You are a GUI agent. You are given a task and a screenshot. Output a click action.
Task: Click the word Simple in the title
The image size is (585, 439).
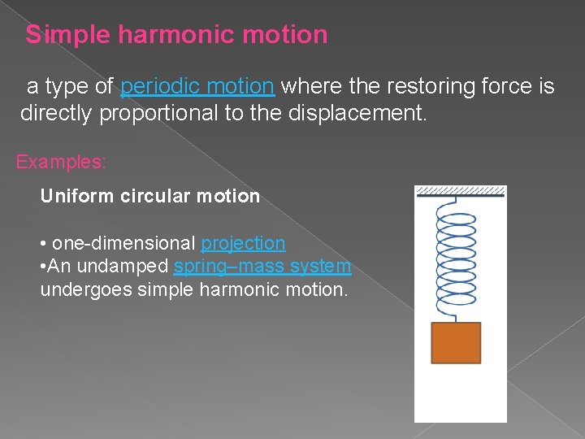click(69, 35)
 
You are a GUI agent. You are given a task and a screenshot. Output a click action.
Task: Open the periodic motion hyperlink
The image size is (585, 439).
click(197, 86)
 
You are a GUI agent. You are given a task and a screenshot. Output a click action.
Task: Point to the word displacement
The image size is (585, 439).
click(357, 113)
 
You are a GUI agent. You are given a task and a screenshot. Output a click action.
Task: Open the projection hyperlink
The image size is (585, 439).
click(243, 243)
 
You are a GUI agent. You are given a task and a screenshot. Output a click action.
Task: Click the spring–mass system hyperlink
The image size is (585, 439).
click(262, 266)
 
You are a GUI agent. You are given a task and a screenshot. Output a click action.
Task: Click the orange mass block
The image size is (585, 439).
click(455, 342)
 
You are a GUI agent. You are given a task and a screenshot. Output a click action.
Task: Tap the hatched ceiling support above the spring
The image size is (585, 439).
click(460, 192)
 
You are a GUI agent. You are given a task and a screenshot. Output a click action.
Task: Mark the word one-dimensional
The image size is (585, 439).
click(123, 243)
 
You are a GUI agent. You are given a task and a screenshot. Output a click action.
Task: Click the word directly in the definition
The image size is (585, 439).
click(57, 113)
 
